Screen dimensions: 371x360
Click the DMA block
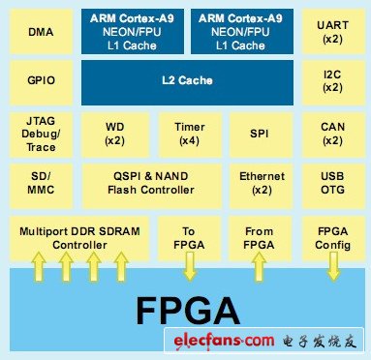[x=41, y=32]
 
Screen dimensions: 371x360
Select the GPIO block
[x=41, y=80]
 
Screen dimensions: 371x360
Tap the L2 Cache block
[x=187, y=82]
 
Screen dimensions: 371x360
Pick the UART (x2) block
[x=333, y=32]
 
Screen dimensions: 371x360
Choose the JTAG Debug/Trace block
[x=41, y=135]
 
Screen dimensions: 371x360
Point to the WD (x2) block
[x=115, y=135]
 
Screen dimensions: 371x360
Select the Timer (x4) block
[x=190, y=135]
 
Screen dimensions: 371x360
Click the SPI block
[x=261, y=135]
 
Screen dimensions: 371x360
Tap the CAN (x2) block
[x=333, y=135]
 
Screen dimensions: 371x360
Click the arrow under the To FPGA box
[x=190, y=266]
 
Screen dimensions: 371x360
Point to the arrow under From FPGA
[x=259, y=266]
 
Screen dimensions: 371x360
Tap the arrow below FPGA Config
[x=333, y=266]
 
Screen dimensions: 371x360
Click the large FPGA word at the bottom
[x=188, y=311]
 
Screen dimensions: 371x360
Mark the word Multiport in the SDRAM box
[x=44, y=231]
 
